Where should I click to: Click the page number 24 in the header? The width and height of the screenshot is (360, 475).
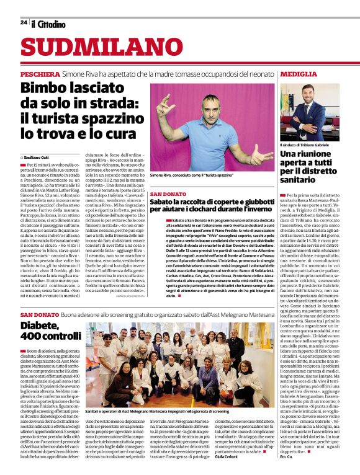23,23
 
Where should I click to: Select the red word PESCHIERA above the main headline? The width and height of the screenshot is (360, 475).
40,73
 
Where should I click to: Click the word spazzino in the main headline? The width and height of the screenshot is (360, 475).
110,118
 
